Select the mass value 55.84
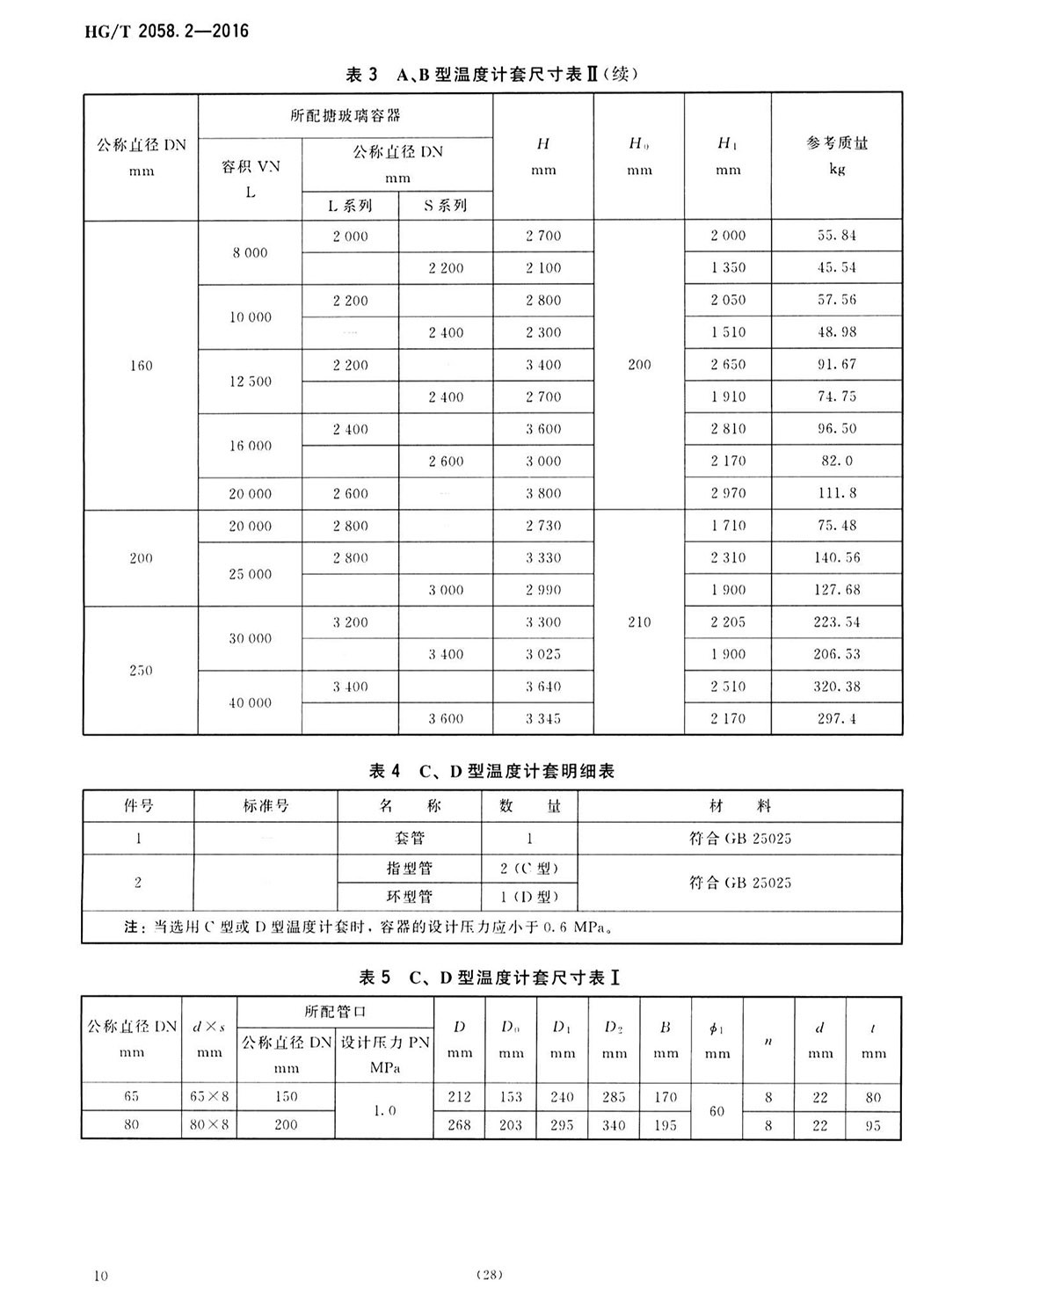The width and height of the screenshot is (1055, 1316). (x=836, y=236)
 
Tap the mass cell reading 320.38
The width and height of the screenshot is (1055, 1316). (x=836, y=687)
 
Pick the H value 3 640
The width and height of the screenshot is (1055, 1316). (x=543, y=687)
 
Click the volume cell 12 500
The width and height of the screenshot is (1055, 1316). (x=251, y=382)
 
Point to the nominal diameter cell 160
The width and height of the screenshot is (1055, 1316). (x=141, y=366)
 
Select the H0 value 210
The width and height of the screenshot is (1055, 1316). (x=639, y=622)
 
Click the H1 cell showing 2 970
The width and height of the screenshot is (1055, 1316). (x=728, y=493)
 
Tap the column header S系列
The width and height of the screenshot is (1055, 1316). (x=446, y=206)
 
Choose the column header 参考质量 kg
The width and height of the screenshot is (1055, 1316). (x=836, y=155)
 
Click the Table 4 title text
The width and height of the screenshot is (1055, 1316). (x=491, y=771)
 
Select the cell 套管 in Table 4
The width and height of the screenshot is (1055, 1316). (x=410, y=838)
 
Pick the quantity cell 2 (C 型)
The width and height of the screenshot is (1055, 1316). (x=529, y=869)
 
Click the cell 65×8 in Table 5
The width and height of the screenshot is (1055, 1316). (x=209, y=1096)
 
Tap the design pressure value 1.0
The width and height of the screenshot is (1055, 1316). (x=384, y=1110)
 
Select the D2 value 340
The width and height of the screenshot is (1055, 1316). (x=614, y=1124)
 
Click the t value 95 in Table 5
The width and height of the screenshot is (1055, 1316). (x=873, y=1125)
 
